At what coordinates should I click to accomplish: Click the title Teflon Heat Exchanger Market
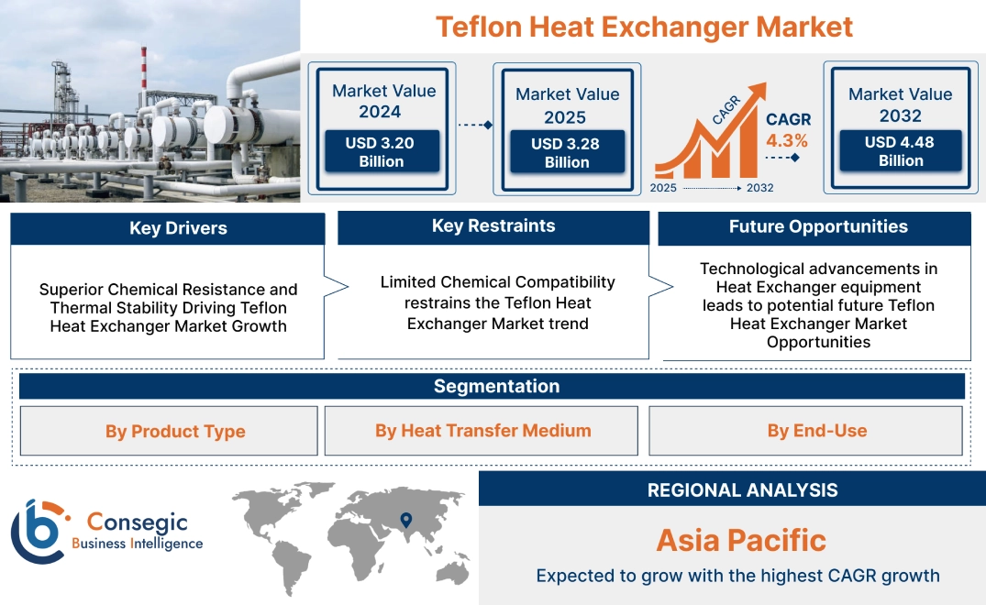pos(644,27)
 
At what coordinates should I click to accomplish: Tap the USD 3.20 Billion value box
pos(381,152)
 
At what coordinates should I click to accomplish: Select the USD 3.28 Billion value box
pos(567,153)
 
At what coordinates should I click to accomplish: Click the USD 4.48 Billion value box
pos(900,151)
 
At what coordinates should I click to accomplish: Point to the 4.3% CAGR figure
pos(787,140)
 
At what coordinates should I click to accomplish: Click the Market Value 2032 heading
pos(900,104)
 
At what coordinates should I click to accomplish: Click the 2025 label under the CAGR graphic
pos(665,188)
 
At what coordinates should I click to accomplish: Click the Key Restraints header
pos(493,226)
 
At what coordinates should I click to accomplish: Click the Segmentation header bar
pos(496,386)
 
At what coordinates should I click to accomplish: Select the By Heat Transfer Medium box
pos(482,431)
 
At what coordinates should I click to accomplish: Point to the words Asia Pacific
pos(741,540)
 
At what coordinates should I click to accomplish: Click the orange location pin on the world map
pos(404,521)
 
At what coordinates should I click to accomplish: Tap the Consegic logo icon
pos(38,532)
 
